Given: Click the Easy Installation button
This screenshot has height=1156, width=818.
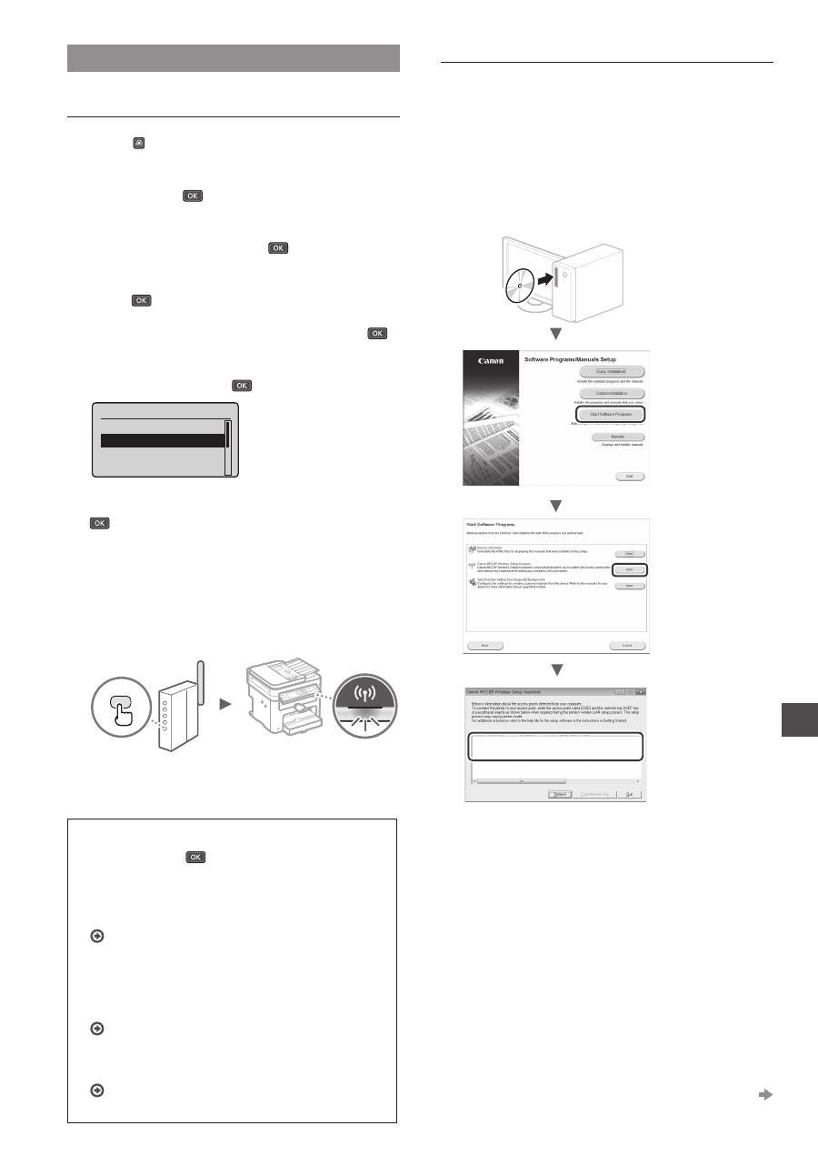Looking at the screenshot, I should pyautogui.click(x=611, y=371).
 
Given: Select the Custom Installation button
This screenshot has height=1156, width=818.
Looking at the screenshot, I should pyautogui.click(x=611, y=393).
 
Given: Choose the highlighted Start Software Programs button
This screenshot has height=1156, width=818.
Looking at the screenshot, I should pyautogui.click(x=611, y=415).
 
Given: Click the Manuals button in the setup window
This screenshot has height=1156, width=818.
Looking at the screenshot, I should pyautogui.click(x=611, y=437).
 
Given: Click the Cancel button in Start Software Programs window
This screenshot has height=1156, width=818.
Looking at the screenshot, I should pyautogui.click(x=626, y=644).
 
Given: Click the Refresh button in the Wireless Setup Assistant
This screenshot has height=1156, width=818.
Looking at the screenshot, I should pyautogui.click(x=559, y=794).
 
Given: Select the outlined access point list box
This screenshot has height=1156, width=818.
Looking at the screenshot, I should pyautogui.click(x=555, y=746).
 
